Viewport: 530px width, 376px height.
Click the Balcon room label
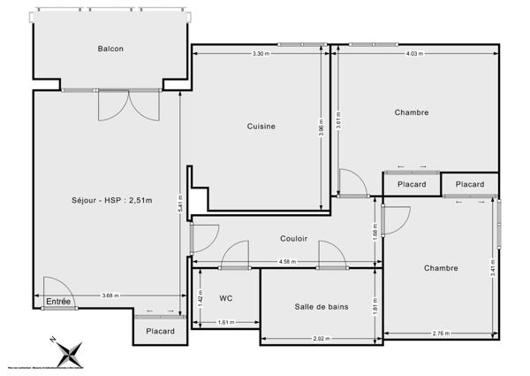pos(110,49)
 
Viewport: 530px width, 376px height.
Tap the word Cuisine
pos(261,127)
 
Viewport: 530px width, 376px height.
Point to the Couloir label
pos(294,238)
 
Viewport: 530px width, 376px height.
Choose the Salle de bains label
pos(322,307)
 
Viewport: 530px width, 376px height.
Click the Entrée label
pos(58,302)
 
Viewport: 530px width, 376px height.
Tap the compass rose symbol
pos(68,351)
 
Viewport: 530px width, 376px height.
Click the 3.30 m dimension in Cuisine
pos(261,55)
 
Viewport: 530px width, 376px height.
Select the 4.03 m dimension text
pos(414,55)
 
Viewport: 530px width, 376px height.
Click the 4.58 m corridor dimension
pos(287,262)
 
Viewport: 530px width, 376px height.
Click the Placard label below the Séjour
pos(160,331)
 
